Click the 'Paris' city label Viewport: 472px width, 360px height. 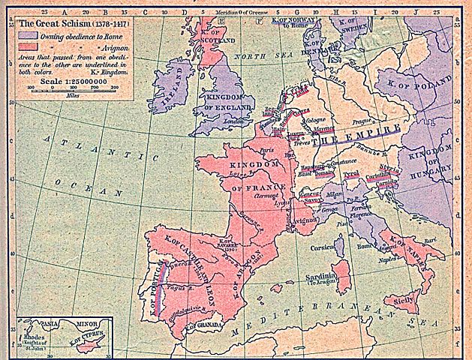(x=264, y=149)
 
